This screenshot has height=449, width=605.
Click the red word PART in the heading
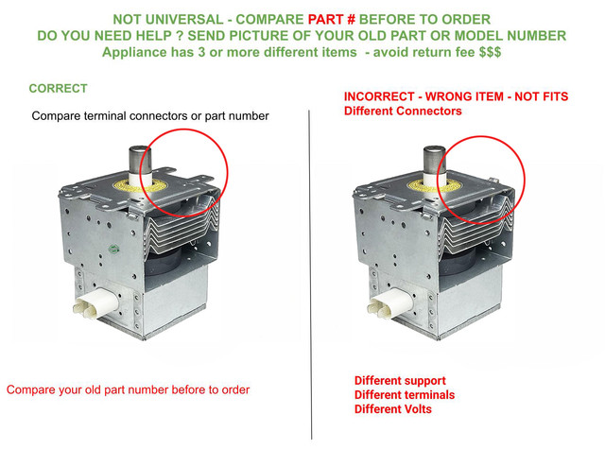(x=325, y=19)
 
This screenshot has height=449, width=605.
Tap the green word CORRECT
(x=59, y=88)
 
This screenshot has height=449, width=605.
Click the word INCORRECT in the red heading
(x=379, y=96)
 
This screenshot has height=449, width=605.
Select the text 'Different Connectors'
(x=403, y=112)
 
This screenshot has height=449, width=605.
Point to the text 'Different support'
(x=400, y=381)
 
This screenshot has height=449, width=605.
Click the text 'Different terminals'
(x=405, y=394)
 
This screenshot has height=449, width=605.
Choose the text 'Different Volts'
(x=393, y=409)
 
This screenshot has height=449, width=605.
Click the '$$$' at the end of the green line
(x=490, y=52)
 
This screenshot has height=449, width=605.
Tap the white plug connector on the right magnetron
(x=389, y=302)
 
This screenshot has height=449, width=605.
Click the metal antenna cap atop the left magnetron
(x=139, y=160)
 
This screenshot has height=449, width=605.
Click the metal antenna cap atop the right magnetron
(x=434, y=160)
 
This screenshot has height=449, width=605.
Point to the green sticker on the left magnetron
(x=113, y=249)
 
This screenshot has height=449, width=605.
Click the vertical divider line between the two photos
(x=310, y=274)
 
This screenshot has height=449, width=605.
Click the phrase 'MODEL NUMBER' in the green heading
(x=510, y=36)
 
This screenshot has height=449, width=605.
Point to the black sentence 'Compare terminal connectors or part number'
(x=150, y=116)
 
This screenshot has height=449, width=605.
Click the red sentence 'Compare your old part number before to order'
(x=129, y=390)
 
